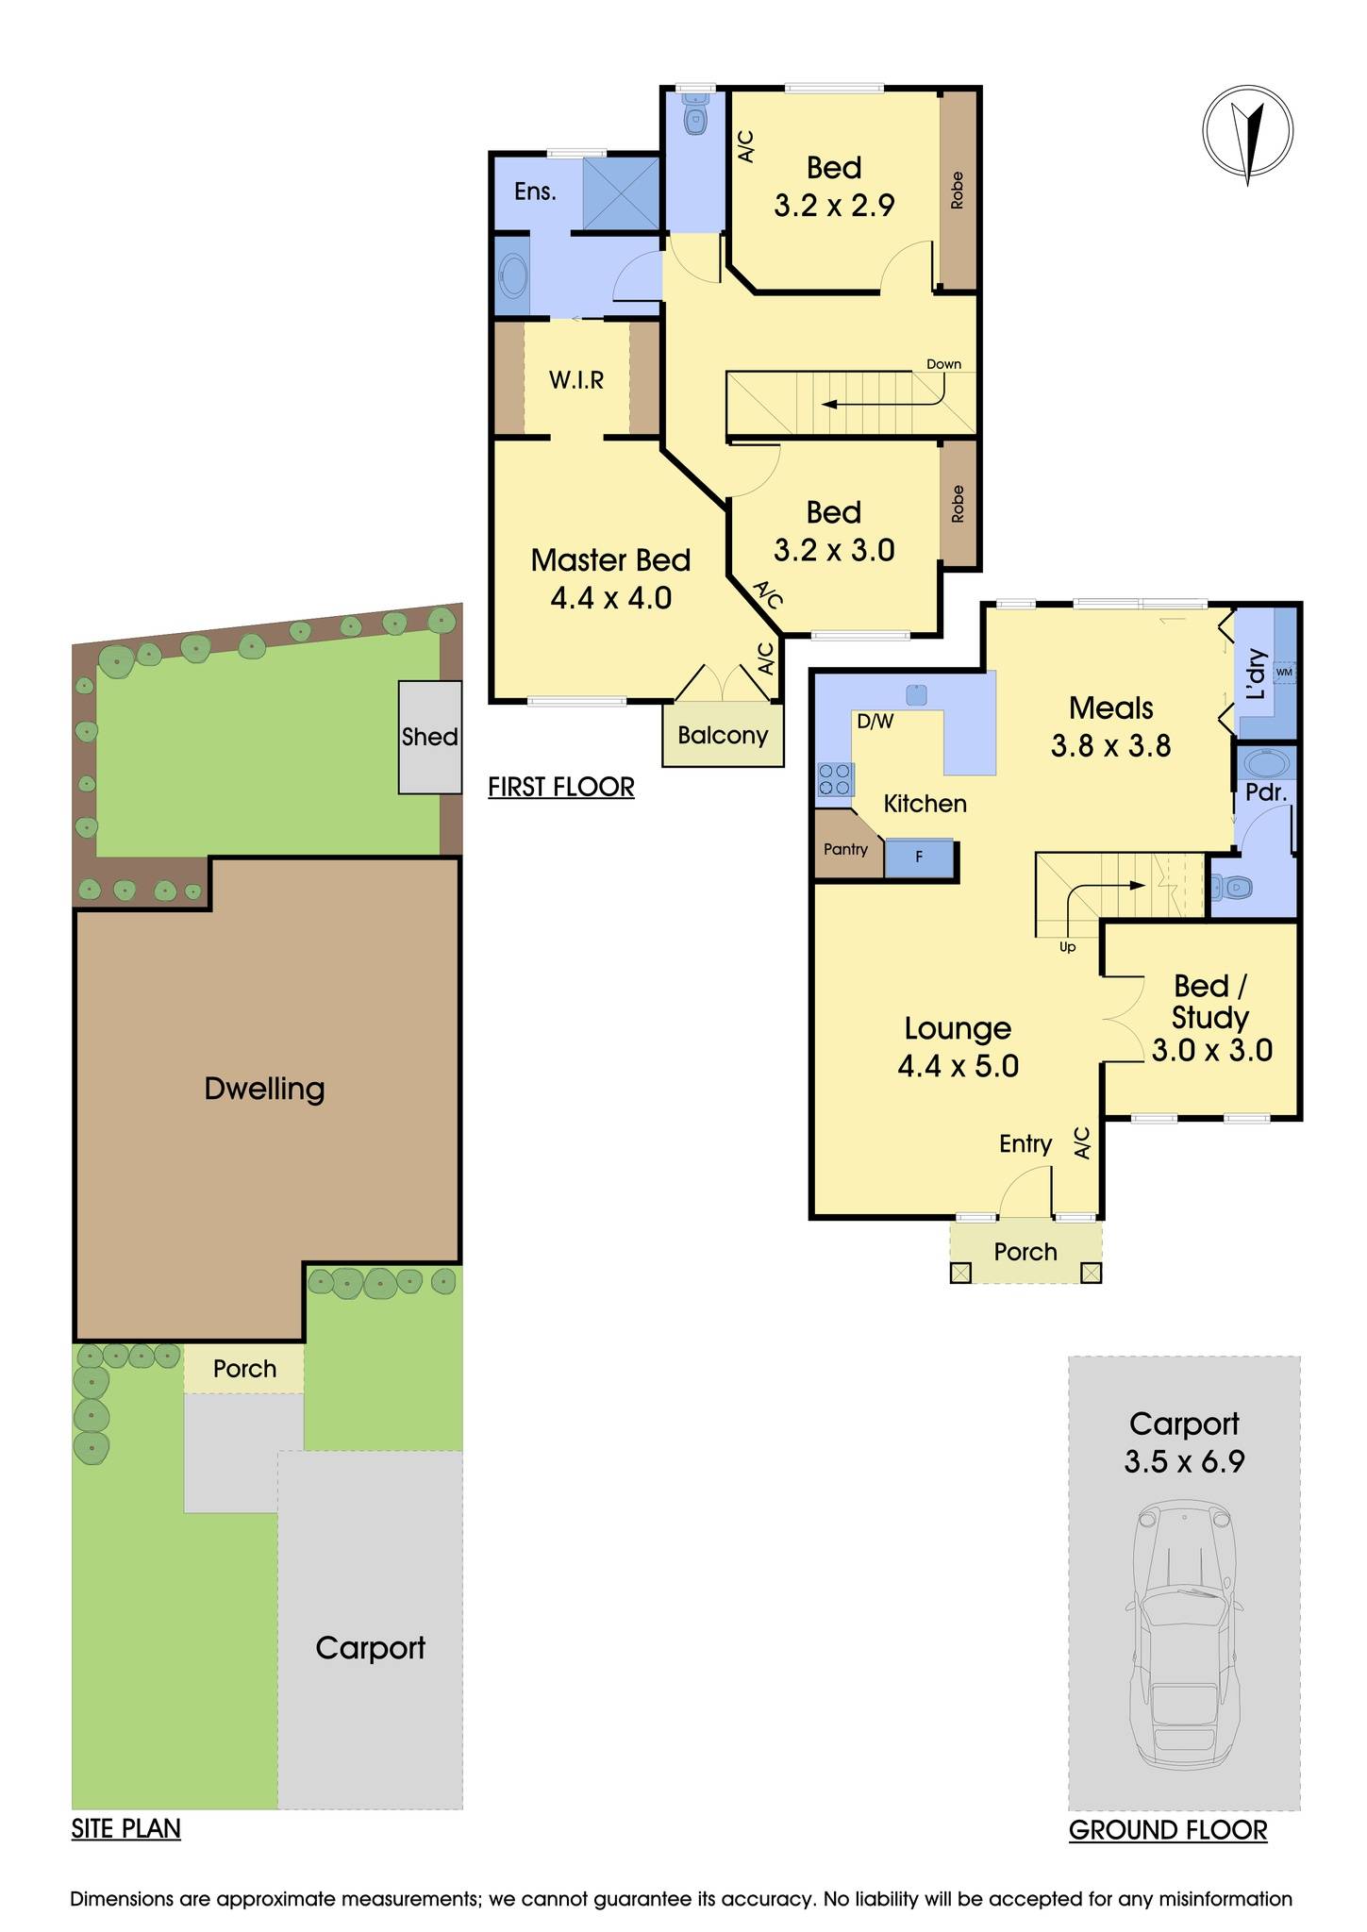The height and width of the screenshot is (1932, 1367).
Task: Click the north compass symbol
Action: [1247, 131]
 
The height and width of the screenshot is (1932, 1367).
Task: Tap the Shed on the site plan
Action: [429, 736]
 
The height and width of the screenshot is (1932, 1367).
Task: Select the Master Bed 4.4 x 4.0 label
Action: [610, 578]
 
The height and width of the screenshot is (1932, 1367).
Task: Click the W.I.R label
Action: [576, 380]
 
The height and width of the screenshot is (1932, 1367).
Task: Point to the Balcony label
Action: [723, 735]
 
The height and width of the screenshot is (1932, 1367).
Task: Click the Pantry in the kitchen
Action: [845, 849]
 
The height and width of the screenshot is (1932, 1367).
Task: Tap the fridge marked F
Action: [919, 858]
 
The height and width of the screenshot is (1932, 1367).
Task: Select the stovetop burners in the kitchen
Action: [834, 779]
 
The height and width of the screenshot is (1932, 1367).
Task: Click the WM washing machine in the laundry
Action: [1283, 672]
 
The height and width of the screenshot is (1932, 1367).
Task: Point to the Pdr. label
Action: [1266, 792]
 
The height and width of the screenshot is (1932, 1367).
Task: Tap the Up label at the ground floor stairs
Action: [1067, 947]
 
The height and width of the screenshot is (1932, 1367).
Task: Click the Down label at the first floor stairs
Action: [943, 364]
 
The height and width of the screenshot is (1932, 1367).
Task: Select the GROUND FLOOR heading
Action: [1167, 1830]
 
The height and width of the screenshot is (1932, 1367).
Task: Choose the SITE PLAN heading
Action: [125, 1828]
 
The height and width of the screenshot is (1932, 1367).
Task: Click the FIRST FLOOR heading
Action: [560, 787]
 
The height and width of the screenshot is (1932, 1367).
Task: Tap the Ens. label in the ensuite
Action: [535, 192]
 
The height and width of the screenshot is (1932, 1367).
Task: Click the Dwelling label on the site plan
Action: [264, 1089]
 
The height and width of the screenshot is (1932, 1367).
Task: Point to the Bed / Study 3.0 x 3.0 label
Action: [1211, 1018]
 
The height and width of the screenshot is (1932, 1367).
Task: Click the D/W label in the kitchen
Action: [874, 722]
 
